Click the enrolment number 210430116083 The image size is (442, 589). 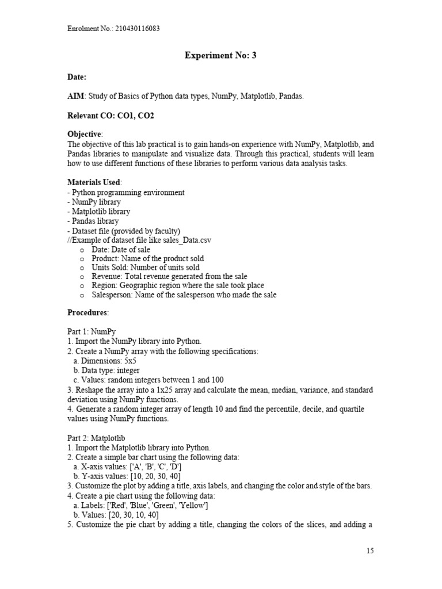[138, 28]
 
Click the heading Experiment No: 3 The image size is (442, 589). [220, 55]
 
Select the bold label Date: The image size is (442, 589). [77, 77]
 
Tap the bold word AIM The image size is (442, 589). [75, 96]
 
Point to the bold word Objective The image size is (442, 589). [84, 134]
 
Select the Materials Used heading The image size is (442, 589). [94, 182]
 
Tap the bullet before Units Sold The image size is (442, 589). [82, 267]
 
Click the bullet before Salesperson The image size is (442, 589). [82, 295]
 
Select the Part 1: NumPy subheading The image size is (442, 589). [92, 332]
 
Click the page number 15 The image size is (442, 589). [369, 550]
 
